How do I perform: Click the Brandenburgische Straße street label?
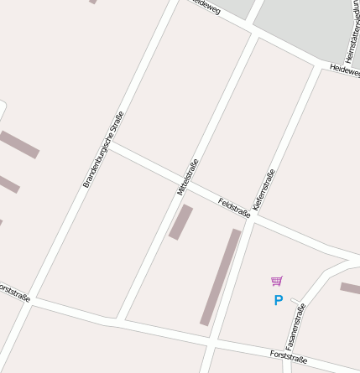click(103, 148)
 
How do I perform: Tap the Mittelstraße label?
click(188, 177)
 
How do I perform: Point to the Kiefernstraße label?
click(263, 189)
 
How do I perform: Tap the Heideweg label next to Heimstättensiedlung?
click(345, 70)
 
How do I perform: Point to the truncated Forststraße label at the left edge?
click(14, 292)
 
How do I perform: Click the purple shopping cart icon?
click(277, 281)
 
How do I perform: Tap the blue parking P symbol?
click(278, 300)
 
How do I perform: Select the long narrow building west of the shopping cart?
click(220, 277)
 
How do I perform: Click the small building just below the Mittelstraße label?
click(180, 222)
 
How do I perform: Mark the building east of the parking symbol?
click(350, 288)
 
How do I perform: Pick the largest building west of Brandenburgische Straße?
click(18, 144)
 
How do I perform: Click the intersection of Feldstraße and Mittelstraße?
click(190, 187)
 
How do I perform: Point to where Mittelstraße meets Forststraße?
click(122, 319)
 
